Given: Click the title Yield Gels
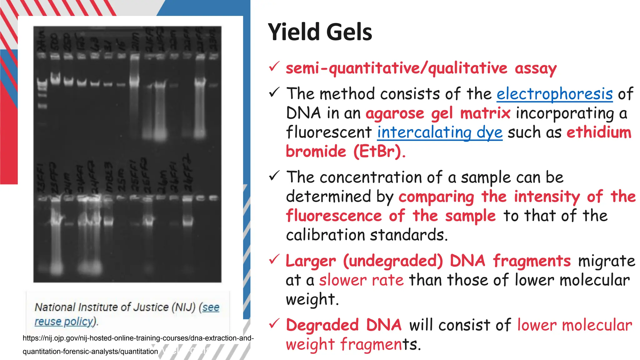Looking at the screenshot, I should (x=320, y=32).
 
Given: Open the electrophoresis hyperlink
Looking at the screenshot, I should (x=554, y=94).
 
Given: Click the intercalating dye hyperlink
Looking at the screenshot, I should (x=439, y=132).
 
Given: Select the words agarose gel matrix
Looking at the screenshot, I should (x=438, y=113).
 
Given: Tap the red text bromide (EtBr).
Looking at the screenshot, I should (x=345, y=152).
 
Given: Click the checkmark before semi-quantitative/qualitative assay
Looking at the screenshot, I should (x=274, y=67).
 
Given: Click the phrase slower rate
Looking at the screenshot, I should (x=361, y=280).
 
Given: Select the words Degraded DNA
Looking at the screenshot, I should (x=343, y=325).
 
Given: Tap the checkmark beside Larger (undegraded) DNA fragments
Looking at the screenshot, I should (x=274, y=259).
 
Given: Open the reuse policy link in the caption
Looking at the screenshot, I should (x=64, y=322).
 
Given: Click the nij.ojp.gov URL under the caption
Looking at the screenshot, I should (x=138, y=338).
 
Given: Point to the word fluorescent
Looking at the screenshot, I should (x=329, y=132).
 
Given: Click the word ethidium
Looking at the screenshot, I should (x=599, y=132).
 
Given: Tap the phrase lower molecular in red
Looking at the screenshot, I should (x=574, y=325).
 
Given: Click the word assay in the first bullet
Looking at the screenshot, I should (x=536, y=68).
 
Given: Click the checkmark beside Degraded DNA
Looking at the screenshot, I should (x=274, y=324).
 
